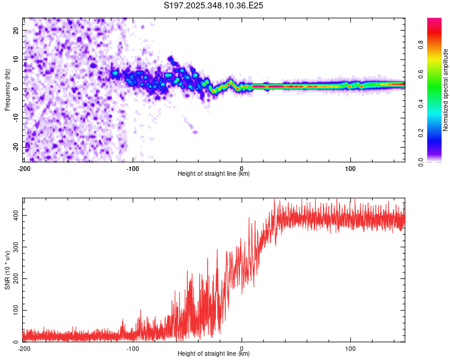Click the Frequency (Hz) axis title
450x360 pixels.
pos(7,89)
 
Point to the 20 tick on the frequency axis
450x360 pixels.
pos(16,30)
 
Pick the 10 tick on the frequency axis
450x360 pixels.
pos(16,59)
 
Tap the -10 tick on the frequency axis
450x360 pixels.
pos(15,118)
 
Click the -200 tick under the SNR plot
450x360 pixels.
pos(24,348)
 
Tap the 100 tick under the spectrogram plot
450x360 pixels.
pos(350,168)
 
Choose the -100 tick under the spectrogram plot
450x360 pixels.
pos(133,168)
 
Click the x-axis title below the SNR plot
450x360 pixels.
pos(214,354)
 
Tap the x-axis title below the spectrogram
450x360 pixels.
pos(214,174)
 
